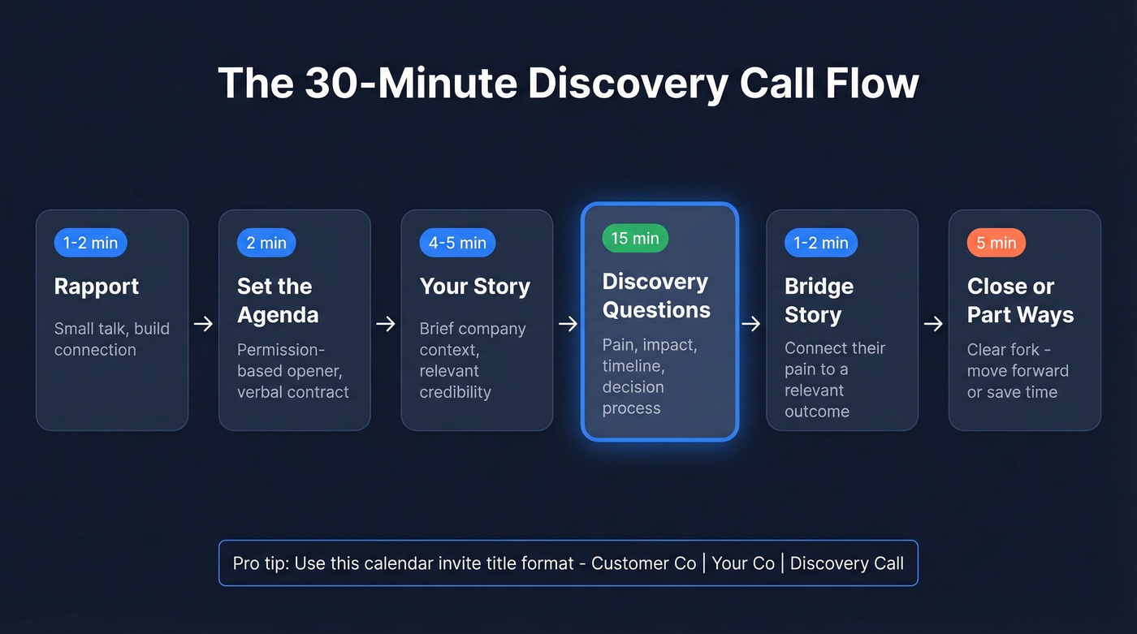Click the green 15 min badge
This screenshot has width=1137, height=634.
[x=635, y=238]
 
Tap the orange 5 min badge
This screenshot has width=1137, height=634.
[x=996, y=243]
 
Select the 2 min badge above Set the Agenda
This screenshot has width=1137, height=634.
[x=266, y=243]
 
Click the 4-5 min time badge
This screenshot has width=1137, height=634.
[x=456, y=243]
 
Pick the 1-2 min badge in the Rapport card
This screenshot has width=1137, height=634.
[x=90, y=243]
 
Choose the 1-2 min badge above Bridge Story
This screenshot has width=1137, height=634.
[x=820, y=243]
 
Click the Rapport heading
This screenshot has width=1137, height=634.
[x=96, y=287]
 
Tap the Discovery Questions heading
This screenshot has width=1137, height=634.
[x=655, y=295]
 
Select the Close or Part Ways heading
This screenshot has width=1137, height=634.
[x=1020, y=300]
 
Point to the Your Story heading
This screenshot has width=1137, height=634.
[x=474, y=287]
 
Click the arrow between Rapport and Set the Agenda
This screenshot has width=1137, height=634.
[x=203, y=324]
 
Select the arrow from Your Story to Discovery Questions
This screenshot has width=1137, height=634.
[x=568, y=324]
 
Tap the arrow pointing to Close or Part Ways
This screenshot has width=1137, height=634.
[x=933, y=324]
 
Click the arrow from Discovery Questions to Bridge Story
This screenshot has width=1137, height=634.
[x=751, y=324]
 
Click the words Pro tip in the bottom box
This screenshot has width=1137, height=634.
[x=258, y=563]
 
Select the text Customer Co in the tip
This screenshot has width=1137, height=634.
[x=643, y=563]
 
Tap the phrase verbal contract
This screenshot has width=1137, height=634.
[x=292, y=392]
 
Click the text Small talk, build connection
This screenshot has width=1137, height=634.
[x=111, y=339]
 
